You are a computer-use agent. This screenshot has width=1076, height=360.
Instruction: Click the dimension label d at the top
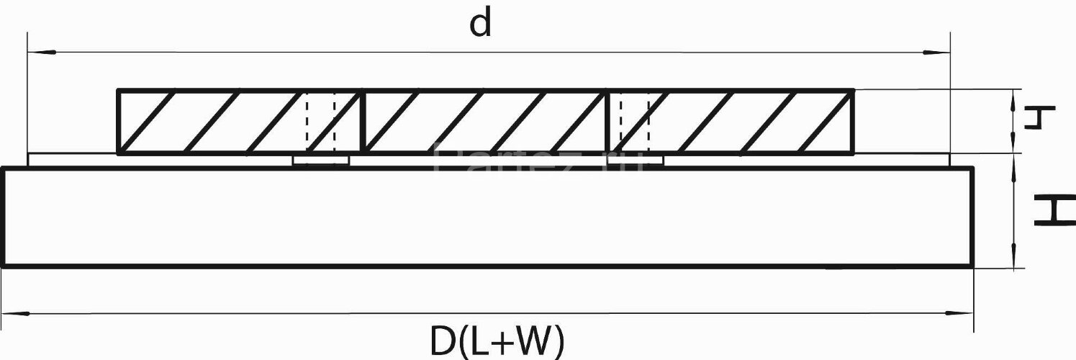click(480, 24)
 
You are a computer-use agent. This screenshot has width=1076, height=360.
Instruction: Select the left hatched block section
click(238, 121)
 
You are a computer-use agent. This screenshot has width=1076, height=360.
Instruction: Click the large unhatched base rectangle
click(488, 217)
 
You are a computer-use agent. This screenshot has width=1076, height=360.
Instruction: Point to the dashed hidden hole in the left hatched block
click(320, 121)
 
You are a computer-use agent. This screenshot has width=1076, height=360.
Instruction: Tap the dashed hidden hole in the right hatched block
click(635, 121)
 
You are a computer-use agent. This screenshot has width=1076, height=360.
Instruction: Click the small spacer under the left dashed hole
click(321, 160)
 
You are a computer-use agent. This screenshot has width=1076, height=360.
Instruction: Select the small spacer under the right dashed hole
click(635, 160)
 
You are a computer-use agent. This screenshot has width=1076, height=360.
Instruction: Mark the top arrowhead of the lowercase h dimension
click(1014, 96)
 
